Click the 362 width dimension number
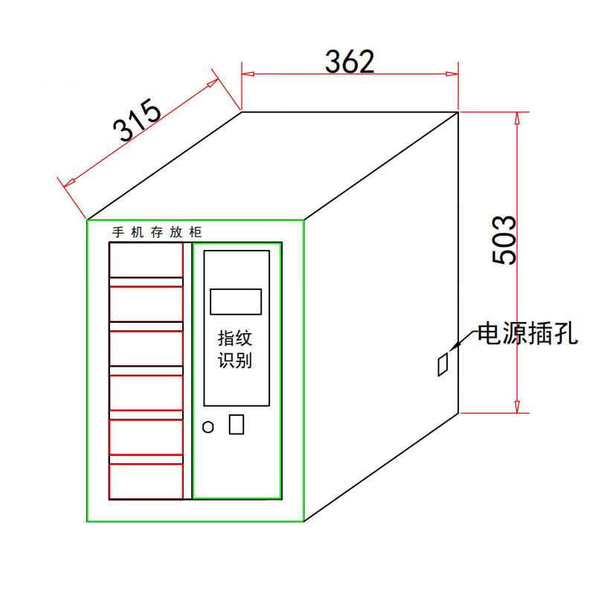pos(350,62)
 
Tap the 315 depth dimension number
pos(138,120)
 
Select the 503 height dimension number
pos(504,239)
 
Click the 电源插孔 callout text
pos(527,333)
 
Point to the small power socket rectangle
pos(443,364)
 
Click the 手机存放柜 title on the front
pos(157,232)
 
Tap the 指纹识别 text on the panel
pos(235,349)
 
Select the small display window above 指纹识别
pos(236,302)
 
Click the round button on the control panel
pos(208,427)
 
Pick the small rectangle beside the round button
pos(237,424)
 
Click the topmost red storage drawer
pos(146,260)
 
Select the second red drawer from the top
pos(146,304)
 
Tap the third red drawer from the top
pos(146,349)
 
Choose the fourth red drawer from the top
pos(146,393)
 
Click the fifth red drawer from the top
pos(146,437)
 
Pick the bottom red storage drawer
pos(146,481)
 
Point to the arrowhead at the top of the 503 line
pos(517,118)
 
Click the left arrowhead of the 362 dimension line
pos(248,74)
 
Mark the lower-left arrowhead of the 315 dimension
pos(69,183)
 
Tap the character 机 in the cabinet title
pos(138,232)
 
